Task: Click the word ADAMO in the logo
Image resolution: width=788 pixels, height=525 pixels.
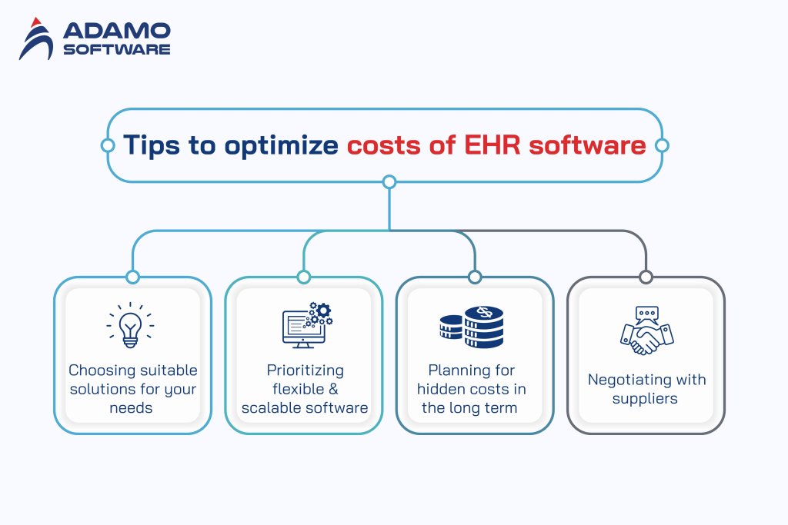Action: [117, 32]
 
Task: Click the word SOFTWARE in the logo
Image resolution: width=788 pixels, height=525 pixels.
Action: [117, 49]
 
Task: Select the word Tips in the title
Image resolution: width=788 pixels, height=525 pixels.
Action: [152, 145]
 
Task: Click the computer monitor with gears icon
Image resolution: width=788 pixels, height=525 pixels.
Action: [305, 324]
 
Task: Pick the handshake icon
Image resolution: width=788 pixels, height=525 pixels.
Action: [646, 331]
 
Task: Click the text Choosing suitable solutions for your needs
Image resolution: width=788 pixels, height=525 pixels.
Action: [133, 389]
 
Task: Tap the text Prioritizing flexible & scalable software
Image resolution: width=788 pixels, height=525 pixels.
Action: [305, 389]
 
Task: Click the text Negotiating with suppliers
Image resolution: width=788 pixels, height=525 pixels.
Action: [646, 389]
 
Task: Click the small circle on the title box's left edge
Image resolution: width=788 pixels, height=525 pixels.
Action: [107, 145]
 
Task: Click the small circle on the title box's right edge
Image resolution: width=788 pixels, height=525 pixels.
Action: [661, 145]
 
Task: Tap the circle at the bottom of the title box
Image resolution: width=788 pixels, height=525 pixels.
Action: [389, 182]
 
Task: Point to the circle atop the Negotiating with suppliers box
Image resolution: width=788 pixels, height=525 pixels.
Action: [646, 277]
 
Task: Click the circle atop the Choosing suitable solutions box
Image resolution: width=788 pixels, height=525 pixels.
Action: [132, 277]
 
